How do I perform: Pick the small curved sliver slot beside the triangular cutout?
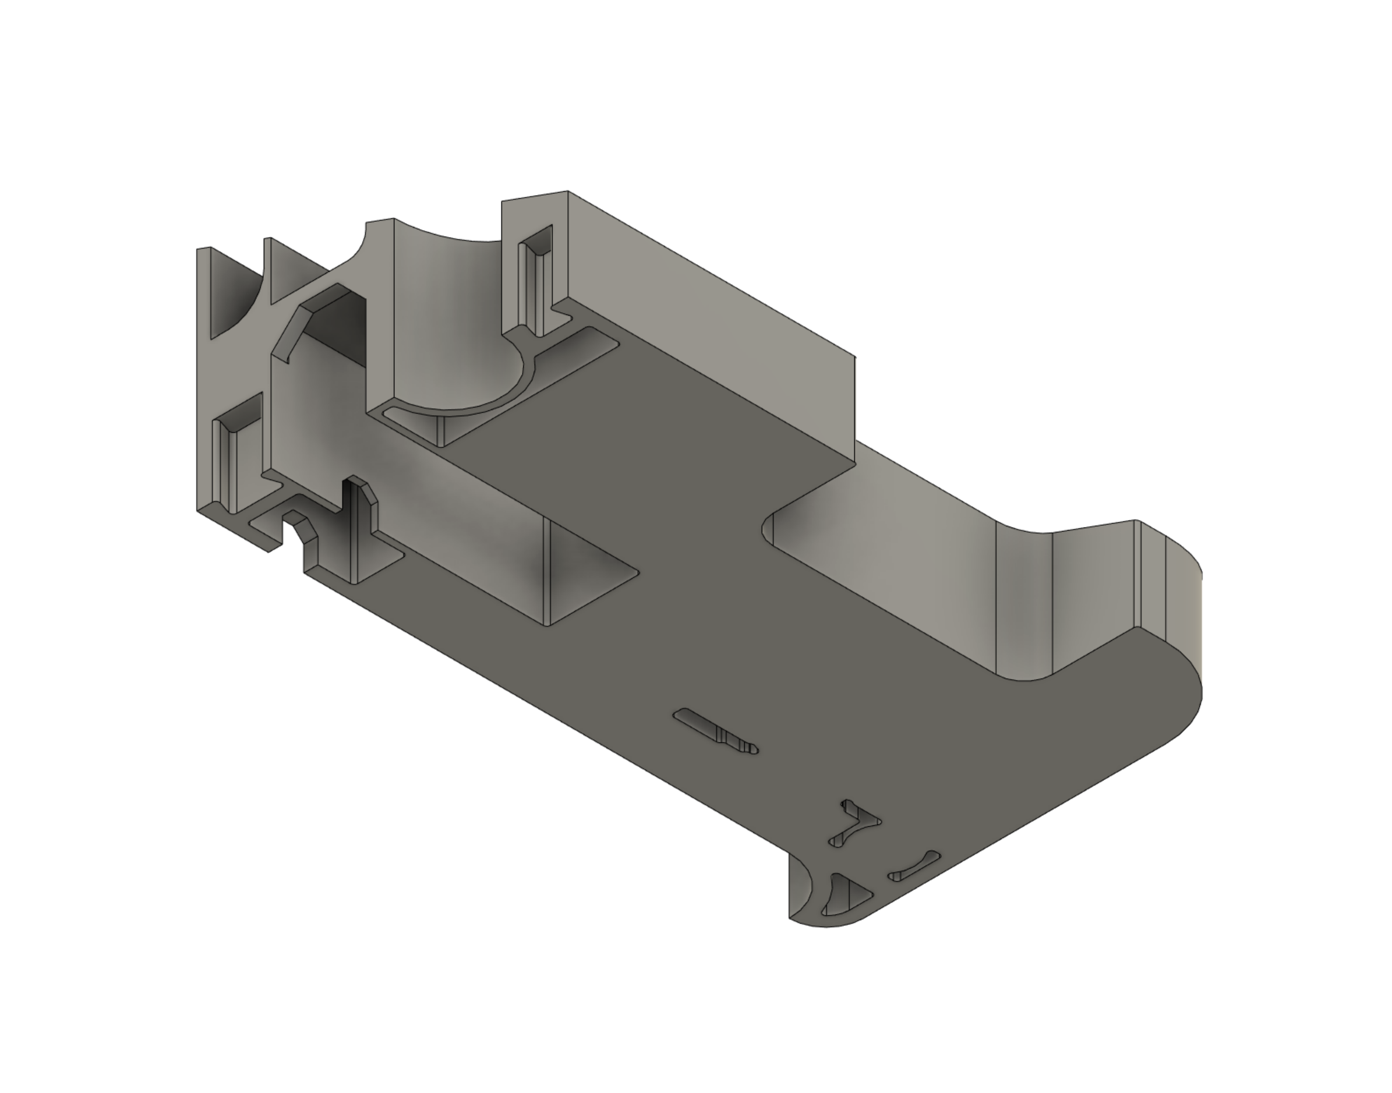(x=914, y=867)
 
